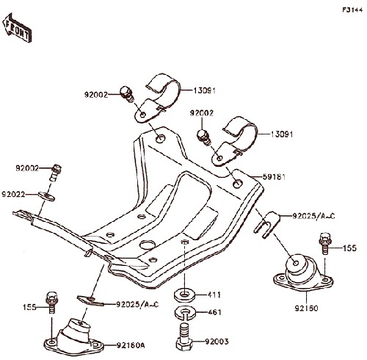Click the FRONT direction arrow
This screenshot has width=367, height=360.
[x=17, y=28]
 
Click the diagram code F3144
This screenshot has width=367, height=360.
[x=352, y=10]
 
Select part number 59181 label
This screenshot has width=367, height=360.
[x=274, y=176]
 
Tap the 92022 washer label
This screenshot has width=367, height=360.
[x=13, y=195]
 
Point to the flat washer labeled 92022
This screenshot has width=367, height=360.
[x=46, y=196]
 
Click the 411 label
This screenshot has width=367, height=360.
[x=214, y=295]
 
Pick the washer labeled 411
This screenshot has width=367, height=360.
[x=185, y=295]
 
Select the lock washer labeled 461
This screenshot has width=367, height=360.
[x=185, y=313]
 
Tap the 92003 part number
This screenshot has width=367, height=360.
[x=217, y=342]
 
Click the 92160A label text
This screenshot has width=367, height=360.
[x=131, y=345]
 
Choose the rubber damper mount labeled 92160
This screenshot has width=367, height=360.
[x=303, y=273]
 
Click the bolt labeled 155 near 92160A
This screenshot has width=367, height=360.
[x=52, y=302]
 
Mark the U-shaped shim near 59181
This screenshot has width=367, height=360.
[x=266, y=224]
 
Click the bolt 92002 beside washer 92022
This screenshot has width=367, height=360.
[x=56, y=172]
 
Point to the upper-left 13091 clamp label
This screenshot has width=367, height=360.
[x=205, y=90]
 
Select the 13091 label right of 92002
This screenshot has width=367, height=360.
[x=282, y=134]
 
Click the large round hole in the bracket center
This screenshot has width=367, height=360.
[x=148, y=245]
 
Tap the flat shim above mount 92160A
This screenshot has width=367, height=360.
[x=90, y=300]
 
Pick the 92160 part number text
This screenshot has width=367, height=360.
[x=306, y=308]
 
